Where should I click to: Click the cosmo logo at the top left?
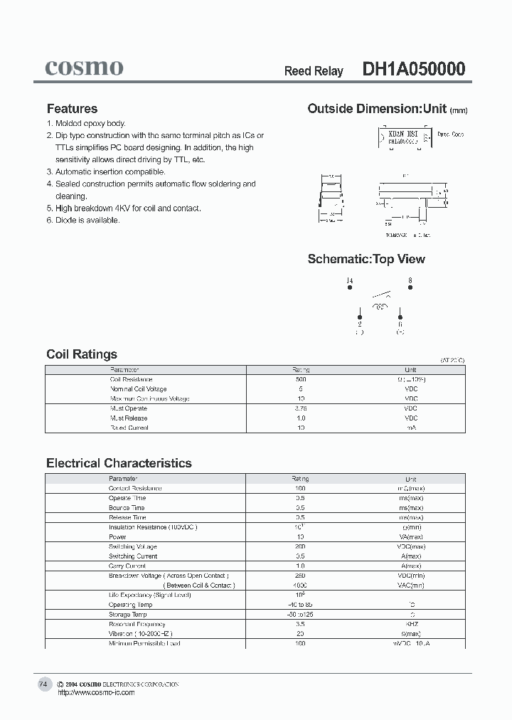click(84, 68)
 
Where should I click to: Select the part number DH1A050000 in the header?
click(414, 69)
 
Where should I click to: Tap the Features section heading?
click(72, 109)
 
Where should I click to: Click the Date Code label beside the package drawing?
click(450, 134)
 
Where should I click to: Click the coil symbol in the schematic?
click(380, 307)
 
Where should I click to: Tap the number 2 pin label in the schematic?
click(360, 324)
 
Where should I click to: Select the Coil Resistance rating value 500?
click(301, 379)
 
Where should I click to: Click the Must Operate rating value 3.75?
click(301, 408)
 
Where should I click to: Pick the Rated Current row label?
click(129, 428)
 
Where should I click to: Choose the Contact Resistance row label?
click(134, 488)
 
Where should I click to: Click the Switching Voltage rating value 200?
click(300, 546)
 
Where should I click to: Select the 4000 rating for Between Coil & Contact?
click(300, 585)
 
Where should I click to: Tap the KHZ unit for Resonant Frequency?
click(410, 623)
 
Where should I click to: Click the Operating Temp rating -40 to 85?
click(300, 604)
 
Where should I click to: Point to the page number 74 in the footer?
click(43, 684)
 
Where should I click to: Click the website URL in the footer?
click(95, 692)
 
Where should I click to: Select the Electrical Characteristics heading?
click(119, 463)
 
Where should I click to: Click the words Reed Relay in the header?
click(314, 71)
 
